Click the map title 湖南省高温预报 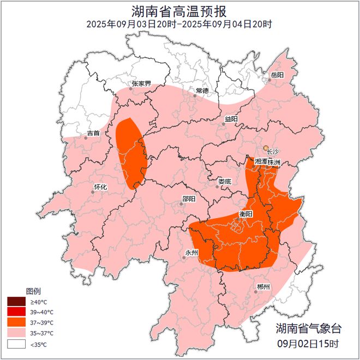pyautogui.click(x=179, y=11)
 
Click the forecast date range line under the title pyautogui.click(x=179, y=24)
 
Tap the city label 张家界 pyautogui.click(x=141, y=84)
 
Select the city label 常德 pyautogui.click(x=202, y=91)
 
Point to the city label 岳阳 pyautogui.click(x=277, y=75)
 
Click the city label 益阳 pyautogui.click(x=231, y=118)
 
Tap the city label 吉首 pyautogui.click(x=93, y=133)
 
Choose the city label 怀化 pyautogui.click(x=101, y=187)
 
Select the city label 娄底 pyautogui.click(x=225, y=181)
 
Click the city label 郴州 pyautogui.click(x=263, y=287)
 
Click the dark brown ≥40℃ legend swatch pyautogui.click(x=16, y=302)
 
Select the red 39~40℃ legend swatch pyautogui.click(x=16, y=312)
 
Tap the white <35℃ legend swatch pyautogui.click(x=16, y=344)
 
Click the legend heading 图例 pyautogui.click(x=33, y=291)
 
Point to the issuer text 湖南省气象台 pyautogui.click(x=308, y=329)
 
